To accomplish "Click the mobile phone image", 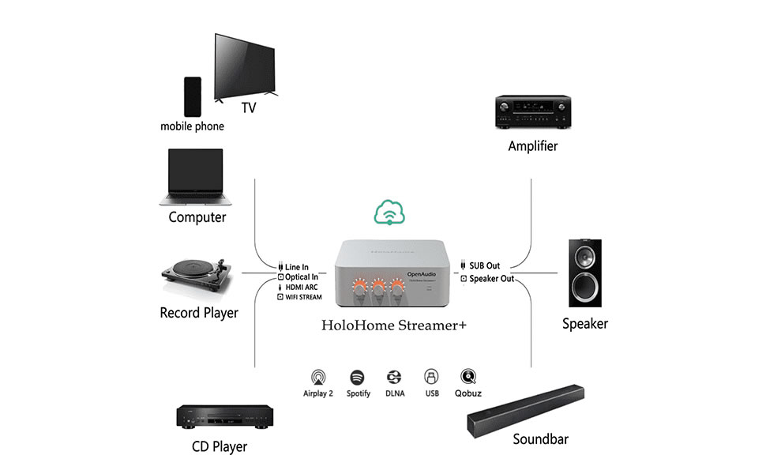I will pos(192,96).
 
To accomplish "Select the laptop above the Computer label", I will pos(195,178).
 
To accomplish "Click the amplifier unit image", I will pos(532,112).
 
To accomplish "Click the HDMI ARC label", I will pos(302,288).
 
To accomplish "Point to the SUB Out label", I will pos(484,266).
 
